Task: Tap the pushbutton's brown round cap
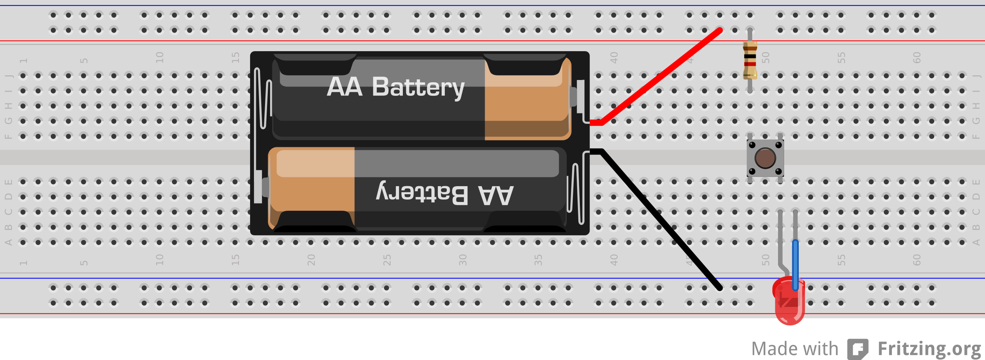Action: tap(765, 158)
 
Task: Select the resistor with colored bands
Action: tap(750, 61)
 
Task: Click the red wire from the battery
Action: tap(662, 75)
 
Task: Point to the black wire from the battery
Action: tap(662, 219)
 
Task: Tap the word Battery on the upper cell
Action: tap(418, 87)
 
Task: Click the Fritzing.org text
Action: tap(929, 349)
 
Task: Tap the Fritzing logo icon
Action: tap(858, 349)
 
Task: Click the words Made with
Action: tap(795, 349)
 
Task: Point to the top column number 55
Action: tap(841, 58)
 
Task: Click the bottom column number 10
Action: tap(160, 260)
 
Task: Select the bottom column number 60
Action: tap(917, 260)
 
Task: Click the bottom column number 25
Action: tap(387, 260)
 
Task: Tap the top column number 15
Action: tap(235, 58)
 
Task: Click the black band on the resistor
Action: tap(750, 57)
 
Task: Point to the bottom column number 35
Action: tap(538, 260)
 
